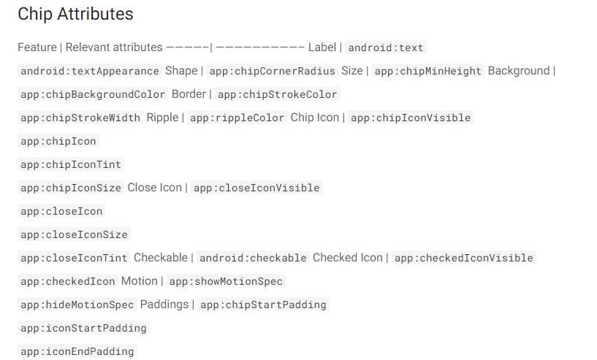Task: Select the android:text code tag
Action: pos(386,47)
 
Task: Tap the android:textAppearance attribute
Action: pos(90,71)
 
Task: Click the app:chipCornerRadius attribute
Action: pos(273,71)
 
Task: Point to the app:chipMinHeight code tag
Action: pos(428,71)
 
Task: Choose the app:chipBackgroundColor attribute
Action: pos(93,94)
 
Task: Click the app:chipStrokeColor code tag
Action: pos(278,94)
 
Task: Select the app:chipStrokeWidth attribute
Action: pos(80,118)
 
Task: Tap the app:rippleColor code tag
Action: pos(237,118)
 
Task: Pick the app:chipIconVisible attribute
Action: pos(411,118)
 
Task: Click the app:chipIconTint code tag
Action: pos(71,164)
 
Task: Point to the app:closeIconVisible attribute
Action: pos(256,188)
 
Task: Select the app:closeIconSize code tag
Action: pos(74,234)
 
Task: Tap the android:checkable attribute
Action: pos(253,258)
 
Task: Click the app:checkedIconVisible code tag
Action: pos(463,258)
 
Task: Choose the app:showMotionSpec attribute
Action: pos(226,281)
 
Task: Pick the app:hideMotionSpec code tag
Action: pos(77,305)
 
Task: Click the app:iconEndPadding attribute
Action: pos(77,351)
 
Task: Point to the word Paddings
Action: pos(164,304)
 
